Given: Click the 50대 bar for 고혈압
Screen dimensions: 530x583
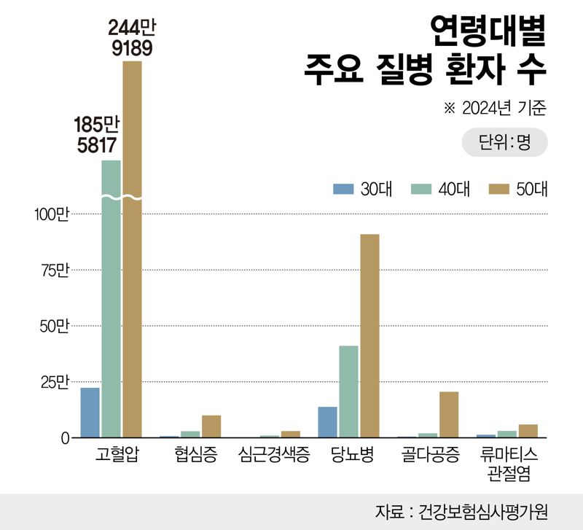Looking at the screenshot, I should click(132, 248).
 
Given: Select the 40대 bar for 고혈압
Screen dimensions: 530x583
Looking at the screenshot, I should click(111, 299).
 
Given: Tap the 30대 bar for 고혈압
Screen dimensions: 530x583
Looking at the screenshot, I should click(90, 413).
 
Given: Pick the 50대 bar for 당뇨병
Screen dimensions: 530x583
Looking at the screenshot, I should click(369, 335).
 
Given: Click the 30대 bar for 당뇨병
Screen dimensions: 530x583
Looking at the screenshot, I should click(328, 422).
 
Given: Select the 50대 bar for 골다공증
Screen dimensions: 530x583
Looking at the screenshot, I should click(449, 415).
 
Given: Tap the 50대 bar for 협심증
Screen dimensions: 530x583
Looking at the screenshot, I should click(211, 426).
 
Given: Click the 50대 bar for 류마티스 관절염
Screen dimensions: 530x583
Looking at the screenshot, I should click(528, 431).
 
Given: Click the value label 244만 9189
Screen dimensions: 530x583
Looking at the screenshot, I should click(132, 37).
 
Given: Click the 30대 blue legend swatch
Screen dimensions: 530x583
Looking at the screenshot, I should click(343, 188).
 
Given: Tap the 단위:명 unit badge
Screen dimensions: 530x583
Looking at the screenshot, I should click(504, 142).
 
